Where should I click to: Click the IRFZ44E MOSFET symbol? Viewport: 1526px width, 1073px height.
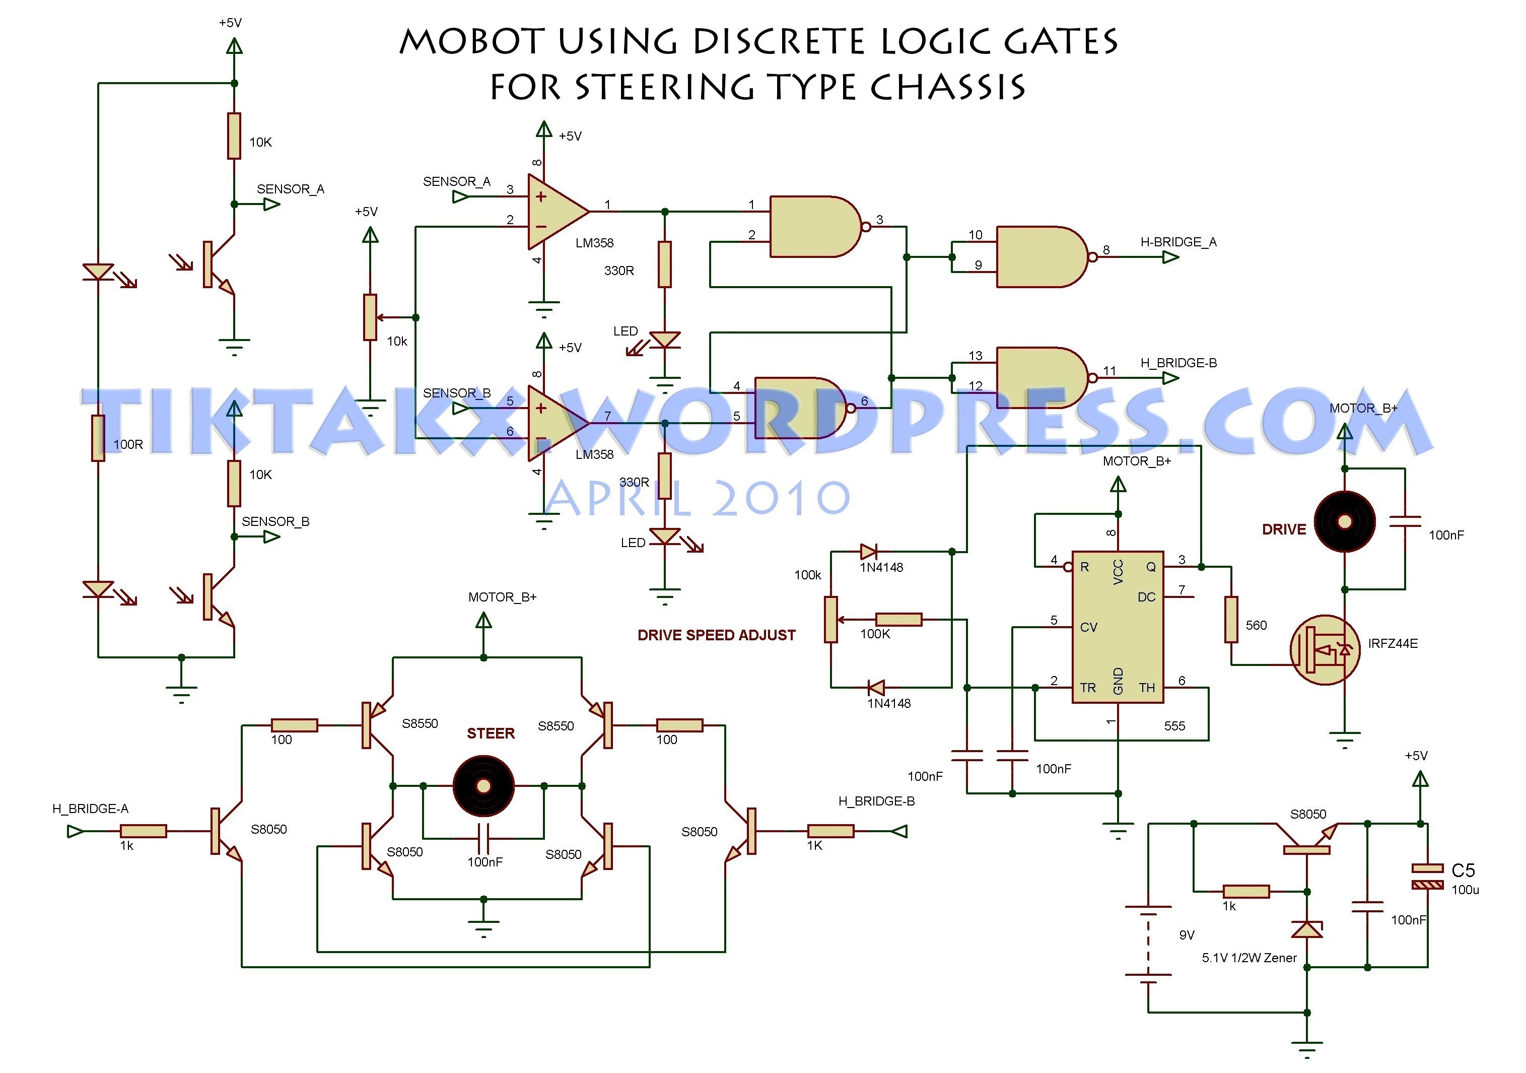[1325, 650]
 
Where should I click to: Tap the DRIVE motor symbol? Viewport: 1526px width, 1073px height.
[1345, 522]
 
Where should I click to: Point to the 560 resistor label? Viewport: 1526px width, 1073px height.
[1256, 625]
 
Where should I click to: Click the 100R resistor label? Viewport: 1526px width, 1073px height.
[128, 444]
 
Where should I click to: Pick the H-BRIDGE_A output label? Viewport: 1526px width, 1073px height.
[1178, 242]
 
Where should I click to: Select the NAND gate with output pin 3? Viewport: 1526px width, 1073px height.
[816, 227]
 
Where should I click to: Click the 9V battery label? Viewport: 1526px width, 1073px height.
[1187, 935]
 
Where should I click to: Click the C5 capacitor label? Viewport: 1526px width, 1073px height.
[1463, 870]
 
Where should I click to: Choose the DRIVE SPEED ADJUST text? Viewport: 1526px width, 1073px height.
[717, 635]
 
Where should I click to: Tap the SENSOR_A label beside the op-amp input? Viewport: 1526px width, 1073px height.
[457, 181]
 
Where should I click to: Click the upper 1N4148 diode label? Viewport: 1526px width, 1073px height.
[881, 567]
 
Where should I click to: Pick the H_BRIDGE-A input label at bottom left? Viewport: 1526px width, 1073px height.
[90, 809]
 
